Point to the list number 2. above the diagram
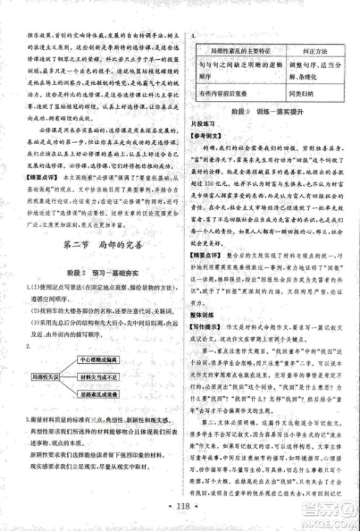[x=29, y=347]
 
